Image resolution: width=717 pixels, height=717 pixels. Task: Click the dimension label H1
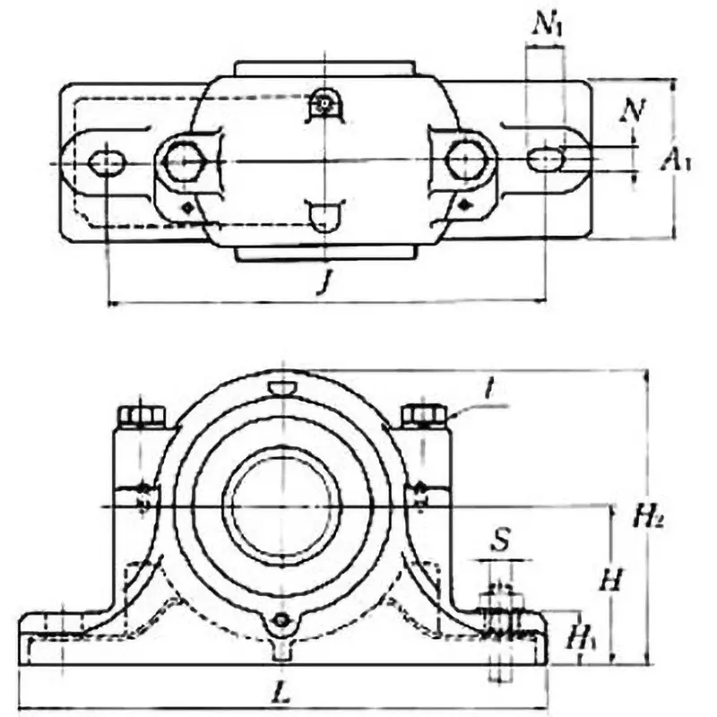tap(578, 638)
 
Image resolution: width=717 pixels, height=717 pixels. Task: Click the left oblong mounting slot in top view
tap(108, 161)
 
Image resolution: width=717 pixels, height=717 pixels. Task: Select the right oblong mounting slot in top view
tap(545, 160)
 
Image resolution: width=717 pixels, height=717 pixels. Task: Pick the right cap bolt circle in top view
tap(466, 160)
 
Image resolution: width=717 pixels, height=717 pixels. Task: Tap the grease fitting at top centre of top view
tap(323, 106)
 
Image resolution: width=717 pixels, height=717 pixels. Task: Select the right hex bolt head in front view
tap(424, 414)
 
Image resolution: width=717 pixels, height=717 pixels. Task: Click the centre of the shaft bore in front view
tap(282, 505)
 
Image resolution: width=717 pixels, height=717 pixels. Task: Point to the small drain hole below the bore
tap(282, 620)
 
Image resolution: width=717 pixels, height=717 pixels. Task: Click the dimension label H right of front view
tap(610, 581)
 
